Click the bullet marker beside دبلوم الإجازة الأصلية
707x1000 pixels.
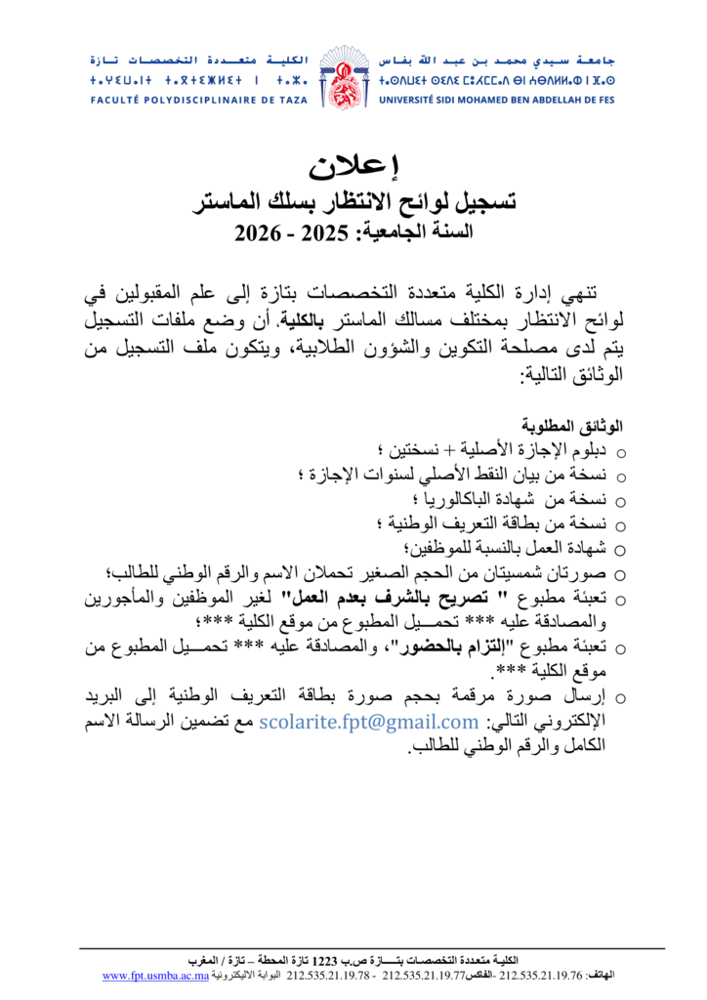(622, 451)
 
